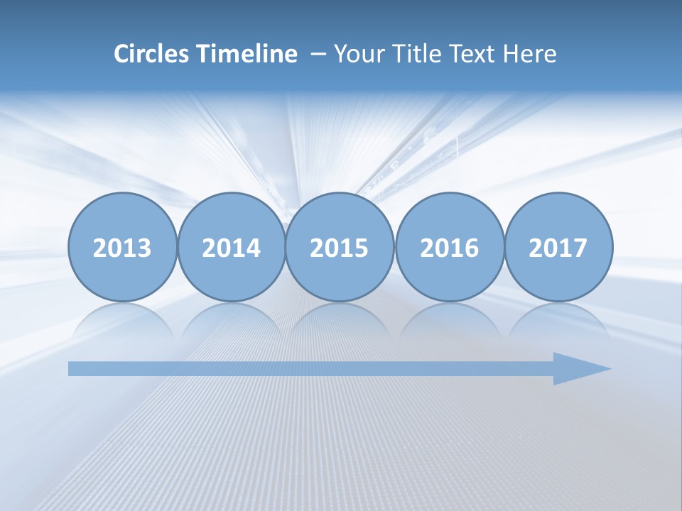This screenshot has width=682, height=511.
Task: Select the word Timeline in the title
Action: [x=246, y=54]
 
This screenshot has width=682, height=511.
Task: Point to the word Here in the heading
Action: [x=529, y=54]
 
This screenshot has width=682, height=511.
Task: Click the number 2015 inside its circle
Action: [x=340, y=248]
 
